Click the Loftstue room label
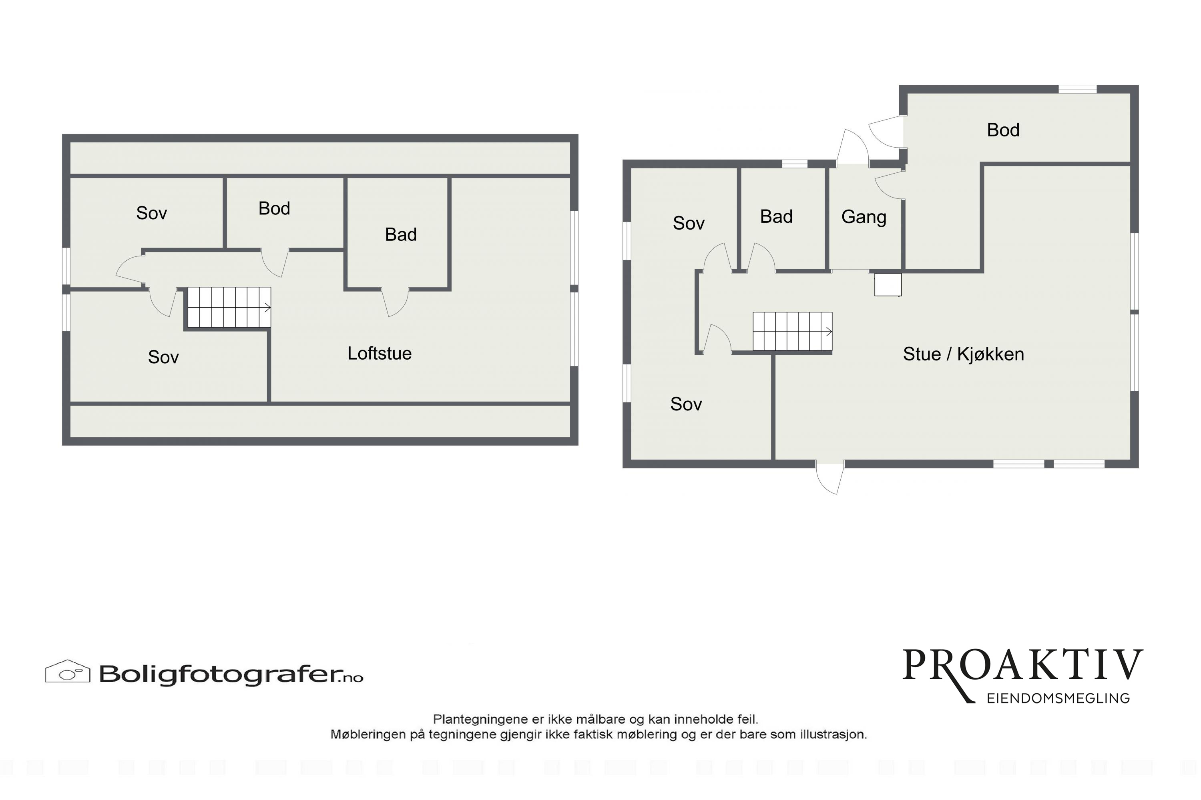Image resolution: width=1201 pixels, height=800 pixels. click(x=380, y=353)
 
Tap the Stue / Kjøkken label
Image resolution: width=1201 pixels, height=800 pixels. click(x=963, y=354)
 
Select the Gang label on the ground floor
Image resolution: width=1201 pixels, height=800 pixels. click(x=864, y=217)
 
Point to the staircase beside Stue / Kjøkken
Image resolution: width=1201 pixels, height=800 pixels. click(x=793, y=332)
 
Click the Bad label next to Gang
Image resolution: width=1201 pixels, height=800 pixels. click(x=776, y=217)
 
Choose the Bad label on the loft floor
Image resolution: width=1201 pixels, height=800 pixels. click(x=401, y=235)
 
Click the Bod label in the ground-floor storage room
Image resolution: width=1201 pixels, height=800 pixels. click(x=1003, y=130)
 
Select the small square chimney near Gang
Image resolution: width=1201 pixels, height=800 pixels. click(x=888, y=285)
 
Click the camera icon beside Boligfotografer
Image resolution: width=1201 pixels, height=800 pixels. click(x=67, y=672)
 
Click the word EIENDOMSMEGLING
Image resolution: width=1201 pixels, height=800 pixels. click(x=1058, y=698)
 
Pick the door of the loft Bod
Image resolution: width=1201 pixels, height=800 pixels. click(x=275, y=263)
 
